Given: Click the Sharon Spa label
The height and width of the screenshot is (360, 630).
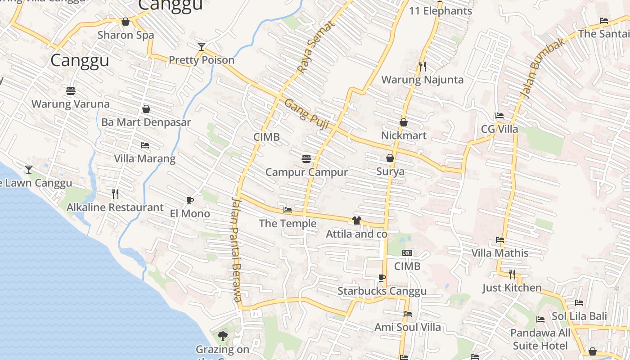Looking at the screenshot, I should (126, 35).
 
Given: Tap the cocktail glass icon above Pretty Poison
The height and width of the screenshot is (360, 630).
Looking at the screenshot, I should (202, 46).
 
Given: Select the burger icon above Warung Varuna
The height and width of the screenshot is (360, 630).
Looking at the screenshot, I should (70, 91).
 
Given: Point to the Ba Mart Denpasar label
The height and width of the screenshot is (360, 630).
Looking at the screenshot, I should (146, 122).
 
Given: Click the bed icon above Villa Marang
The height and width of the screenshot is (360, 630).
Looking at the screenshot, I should (144, 145).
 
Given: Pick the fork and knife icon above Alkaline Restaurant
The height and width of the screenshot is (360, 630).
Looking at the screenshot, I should (115, 194).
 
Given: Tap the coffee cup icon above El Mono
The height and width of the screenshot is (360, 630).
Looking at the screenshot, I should (190, 200).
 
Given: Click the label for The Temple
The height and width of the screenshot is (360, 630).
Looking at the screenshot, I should (288, 224).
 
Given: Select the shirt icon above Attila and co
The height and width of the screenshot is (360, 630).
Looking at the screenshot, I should (356, 220).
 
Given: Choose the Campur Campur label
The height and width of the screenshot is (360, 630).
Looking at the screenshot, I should (306, 172).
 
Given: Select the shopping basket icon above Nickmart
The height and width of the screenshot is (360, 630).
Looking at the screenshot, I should (404, 122).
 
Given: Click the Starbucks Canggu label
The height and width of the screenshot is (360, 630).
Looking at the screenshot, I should (382, 292).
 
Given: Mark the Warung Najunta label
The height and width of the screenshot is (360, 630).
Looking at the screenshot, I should (422, 80).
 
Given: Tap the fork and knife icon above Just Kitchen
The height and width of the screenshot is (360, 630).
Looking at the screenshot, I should (512, 274).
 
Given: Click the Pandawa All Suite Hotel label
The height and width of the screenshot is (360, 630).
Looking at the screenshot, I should (540, 339).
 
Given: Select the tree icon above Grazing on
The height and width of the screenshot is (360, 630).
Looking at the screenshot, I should (222, 336).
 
